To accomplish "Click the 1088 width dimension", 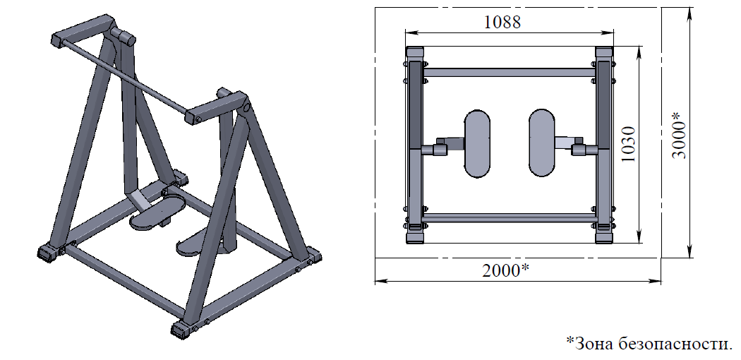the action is pos(502,22).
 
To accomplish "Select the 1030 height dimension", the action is pos(628,144).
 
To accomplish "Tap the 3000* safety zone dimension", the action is pos(679,135).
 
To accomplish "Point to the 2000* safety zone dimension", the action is pos(505,270).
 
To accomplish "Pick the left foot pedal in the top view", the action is pos(477,143).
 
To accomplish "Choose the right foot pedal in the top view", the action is pos(541,143).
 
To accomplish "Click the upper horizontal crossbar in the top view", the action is pos(509,73).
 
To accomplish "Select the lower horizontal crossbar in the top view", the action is pos(509,218).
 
